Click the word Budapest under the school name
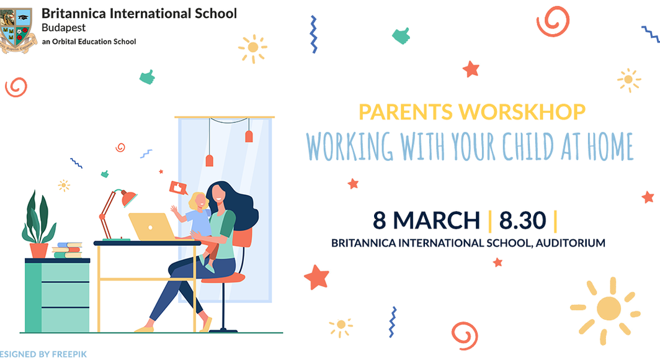pyautogui.click(x=63, y=28)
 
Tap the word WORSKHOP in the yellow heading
pyautogui.click(x=522, y=112)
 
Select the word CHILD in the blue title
pyautogui.click(x=528, y=146)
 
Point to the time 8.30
pyautogui.click(x=522, y=220)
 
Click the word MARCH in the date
pyautogui.click(x=437, y=220)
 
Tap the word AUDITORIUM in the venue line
pyautogui.click(x=570, y=243)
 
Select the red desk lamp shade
pyautogui.click(x=128, y=199)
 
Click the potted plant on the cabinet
pyautogui.click(x=38, y=225)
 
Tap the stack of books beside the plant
pyautogui.click(x=68, y=250)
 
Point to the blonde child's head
pyautogui.click(x=198, y=201)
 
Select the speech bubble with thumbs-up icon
pyautogui.click(x=179, y=188)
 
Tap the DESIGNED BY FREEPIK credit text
pyautogui.click(x=43, y=354)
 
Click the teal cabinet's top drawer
pyautogui.click(x=65, y=272)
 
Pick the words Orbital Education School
pyautogui.click(x=94, y=42)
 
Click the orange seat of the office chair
pyautogui.click(x=223, y=277)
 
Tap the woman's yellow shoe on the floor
pyautogui.click(x=145, y=329)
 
